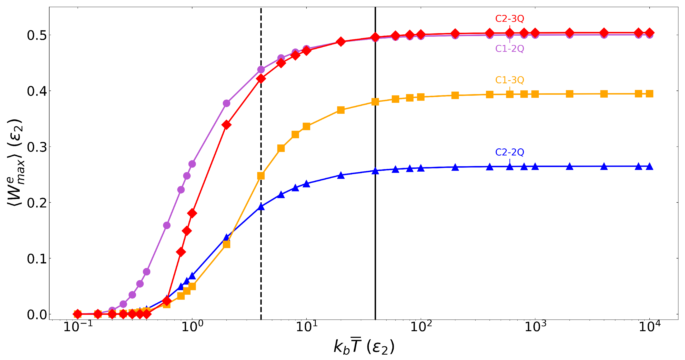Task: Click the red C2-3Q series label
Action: [x=509, y=19]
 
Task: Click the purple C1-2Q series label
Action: [x=509, y=49]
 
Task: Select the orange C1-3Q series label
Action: [x=509, y=80]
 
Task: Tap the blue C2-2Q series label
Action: [x=509, y=152]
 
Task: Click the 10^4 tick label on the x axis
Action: [x=649, y=327]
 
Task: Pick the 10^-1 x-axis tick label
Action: [x=78, y=327]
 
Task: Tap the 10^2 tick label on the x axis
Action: [x=421, y=327]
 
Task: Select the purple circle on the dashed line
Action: [x=261, y=70]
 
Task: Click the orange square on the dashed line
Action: [x=261, y=176]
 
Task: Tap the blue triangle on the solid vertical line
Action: [x=375, y=171]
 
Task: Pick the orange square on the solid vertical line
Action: [x=375, y=102]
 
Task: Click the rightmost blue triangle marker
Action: [x=649, y=166]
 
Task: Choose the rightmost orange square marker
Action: [x=649, y=94]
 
